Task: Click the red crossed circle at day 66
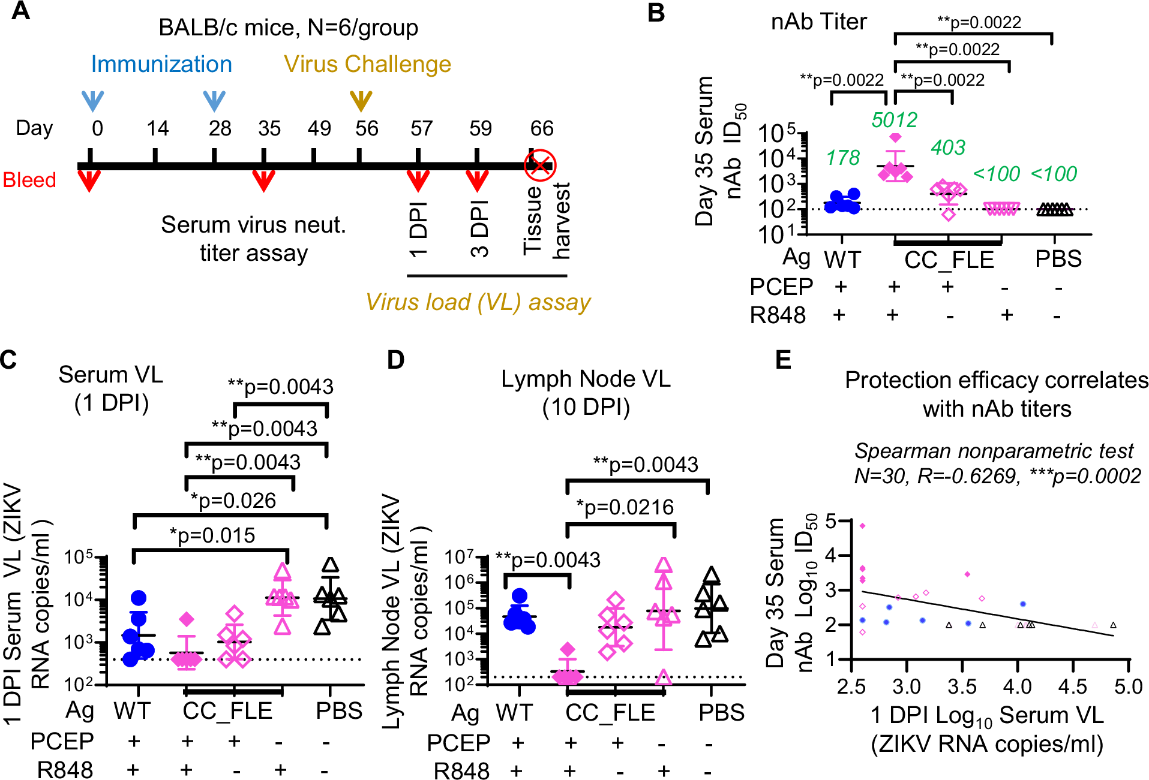pos(540,165)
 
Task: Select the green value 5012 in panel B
pos(894,120)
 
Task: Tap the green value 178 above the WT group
pos(842,158)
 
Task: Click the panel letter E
pos(783,360)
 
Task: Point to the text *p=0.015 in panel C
pos(212,535)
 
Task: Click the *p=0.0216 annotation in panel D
pos(625,507)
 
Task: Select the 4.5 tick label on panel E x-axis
pos(1072,686)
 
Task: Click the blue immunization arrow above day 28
pos(214,101)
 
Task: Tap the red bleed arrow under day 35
pos(263,180)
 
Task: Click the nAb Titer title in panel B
pos(818,22)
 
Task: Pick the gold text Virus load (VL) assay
pos(478,302)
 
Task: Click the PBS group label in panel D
pos(721,712)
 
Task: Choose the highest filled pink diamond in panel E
pos(863,526)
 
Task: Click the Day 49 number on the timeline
pos(319,128)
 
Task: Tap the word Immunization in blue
pos(161,64)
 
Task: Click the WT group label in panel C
pos(132,711)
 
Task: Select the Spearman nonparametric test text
pos(994,451)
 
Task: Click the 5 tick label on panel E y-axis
pos(830,521)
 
